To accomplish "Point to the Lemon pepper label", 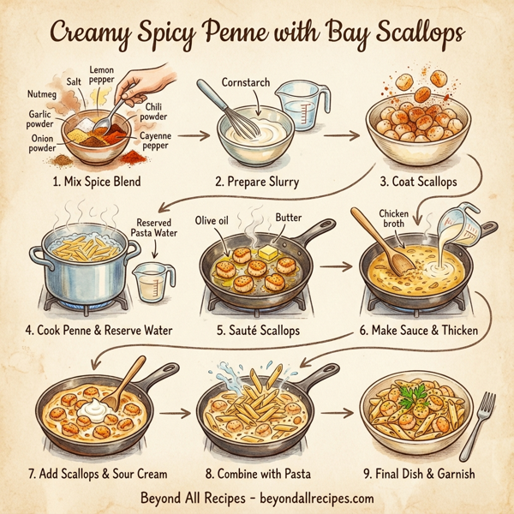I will click(x=107, y=75).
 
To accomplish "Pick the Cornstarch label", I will click(x=244, y=83).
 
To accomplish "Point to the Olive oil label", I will click(x=214, y=220).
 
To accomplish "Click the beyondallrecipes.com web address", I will click(x=314, y=498).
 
